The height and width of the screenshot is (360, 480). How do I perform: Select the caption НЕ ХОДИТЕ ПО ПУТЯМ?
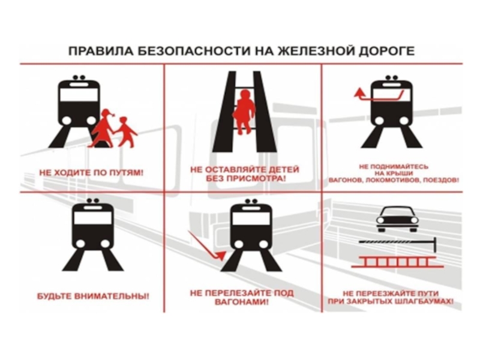(91, 173)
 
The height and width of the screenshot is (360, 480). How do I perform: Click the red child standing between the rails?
(244, 112)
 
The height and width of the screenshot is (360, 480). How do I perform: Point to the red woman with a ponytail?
(103, 128)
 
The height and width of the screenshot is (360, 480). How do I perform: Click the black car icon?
(397, 219)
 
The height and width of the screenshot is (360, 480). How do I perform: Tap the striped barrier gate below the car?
(398, 242)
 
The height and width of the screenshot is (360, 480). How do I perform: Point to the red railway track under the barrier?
(397, 263)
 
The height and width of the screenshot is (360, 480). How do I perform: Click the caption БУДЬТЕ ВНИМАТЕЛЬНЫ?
(94, 296)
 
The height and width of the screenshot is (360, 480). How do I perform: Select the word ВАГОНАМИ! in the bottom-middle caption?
(242, 302)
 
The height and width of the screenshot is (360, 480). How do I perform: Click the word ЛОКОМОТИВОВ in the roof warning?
(391, 181)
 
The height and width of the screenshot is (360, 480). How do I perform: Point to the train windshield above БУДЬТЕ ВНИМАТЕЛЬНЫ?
(93, 218)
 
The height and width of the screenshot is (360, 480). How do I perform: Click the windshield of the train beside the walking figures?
(79, 95)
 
